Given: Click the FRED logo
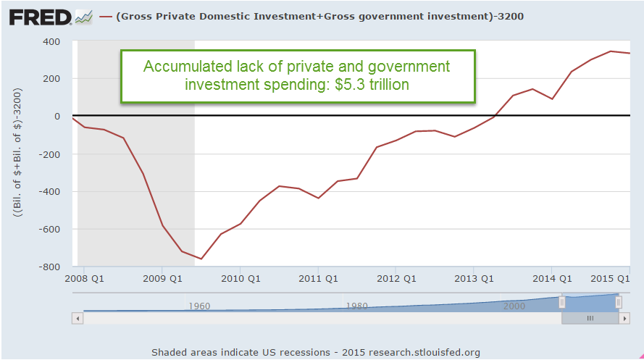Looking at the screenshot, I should point(40,16).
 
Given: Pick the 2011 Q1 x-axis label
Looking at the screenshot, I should point(319,279).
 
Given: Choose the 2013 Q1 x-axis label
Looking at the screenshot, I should point(474,279).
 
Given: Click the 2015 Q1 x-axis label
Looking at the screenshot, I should point(609,279).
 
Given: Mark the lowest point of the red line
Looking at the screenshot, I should point(201,259).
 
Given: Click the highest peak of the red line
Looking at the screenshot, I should point(611,51).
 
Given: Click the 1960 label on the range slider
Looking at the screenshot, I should point(199,306).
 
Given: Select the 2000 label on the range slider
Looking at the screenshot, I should point(514,306).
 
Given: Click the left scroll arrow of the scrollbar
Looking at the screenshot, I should point(77,318).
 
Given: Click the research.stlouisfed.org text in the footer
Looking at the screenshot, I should point(424,353).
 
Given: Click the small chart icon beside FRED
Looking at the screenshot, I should point(83,16).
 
